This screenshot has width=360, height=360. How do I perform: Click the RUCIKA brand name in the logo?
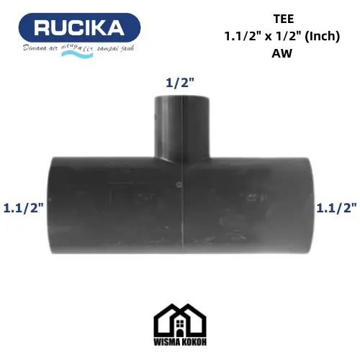(79, 28)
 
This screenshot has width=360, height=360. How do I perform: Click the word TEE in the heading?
(284, 19)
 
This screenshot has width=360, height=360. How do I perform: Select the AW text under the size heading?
(282, 53)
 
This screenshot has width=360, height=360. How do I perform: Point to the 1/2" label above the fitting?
(180, 83)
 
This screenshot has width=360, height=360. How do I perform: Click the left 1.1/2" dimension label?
(24, 207)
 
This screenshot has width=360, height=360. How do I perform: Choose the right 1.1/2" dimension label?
(337, 207)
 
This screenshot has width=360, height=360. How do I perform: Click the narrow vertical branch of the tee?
(182, 127)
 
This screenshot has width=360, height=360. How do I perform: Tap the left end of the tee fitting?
(52, 205)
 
